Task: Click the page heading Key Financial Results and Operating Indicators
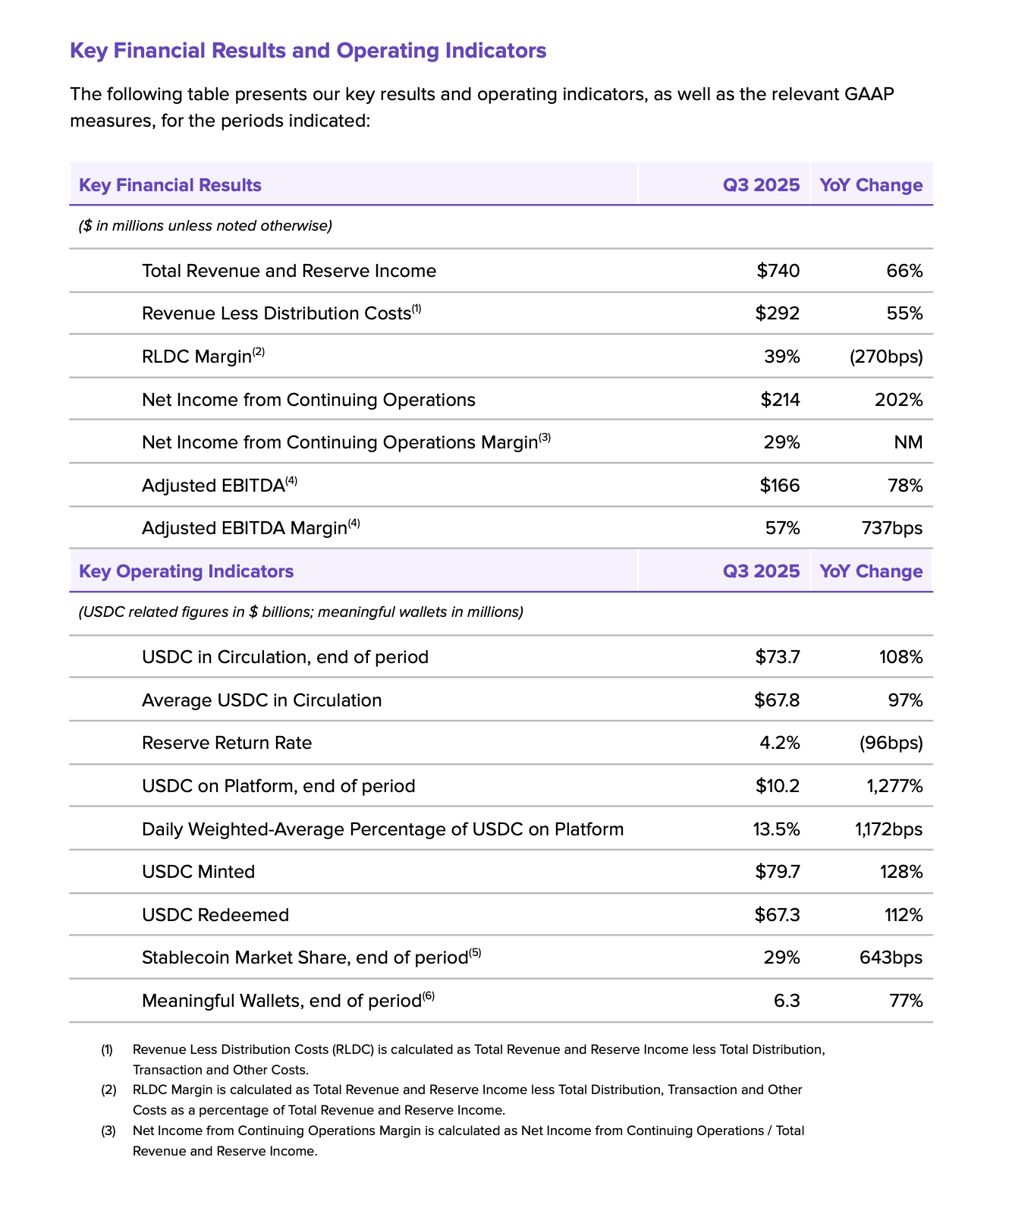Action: click(308, 51)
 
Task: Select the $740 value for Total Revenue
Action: click(778, 271)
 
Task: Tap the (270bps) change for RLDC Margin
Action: click(886, 357)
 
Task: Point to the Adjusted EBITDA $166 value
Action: click(780, 486)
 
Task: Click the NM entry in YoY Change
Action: click(908, 442)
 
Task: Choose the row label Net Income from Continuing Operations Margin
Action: click(340, 442)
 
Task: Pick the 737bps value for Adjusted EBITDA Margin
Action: click(892, 528)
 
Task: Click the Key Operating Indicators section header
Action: click(187, 571)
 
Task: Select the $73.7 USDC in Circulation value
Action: click(778, 657)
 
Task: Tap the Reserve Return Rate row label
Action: click(227, 743)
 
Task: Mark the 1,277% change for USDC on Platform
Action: click(894, 786)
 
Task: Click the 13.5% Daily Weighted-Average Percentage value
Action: click(776, 829)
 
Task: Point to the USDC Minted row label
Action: click(199, 872)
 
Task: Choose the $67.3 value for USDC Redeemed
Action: click(777, 915)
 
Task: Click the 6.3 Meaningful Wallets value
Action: click(787, 1001)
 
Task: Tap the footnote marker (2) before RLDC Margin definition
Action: click(108, 1090)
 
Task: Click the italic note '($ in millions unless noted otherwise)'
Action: click(206, 226)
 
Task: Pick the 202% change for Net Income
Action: click(898, 400)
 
